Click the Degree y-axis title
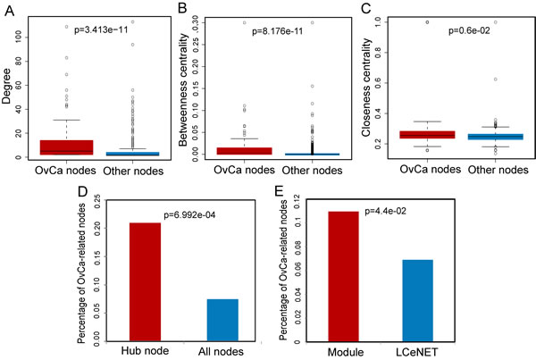(x=9, y=88)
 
